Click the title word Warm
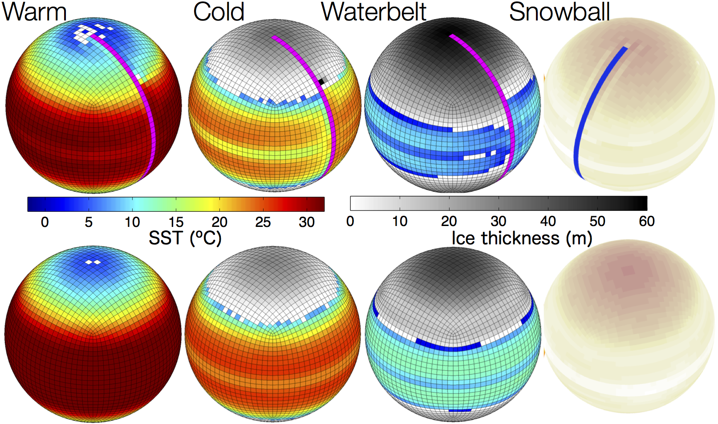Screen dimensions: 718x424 (x=34, y=12)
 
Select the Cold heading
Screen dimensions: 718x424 (x=219, y=12)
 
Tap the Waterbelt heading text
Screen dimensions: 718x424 (x=374, y=12)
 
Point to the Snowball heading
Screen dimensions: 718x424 (x=560, y=12)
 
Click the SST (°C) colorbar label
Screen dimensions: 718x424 (x=185, y=238)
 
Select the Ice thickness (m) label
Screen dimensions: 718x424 (x=522, y=238)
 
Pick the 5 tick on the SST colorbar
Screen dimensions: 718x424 (x=89, y=222)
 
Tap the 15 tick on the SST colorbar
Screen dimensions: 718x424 (x=176, y=222)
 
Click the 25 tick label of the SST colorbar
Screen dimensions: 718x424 (x=263, y=222)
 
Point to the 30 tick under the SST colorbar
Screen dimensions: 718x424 (x=307, y=222)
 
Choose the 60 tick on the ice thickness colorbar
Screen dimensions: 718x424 (x=647, y=221)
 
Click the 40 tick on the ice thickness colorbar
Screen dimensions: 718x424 (x=548, y=221)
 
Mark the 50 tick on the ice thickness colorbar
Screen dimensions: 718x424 (x=597, y=221)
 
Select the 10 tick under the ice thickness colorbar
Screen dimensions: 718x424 (x=400, y=221)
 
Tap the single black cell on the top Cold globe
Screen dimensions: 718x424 (x=321, y=82)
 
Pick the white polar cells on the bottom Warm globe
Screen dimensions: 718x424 (x=93, y=262)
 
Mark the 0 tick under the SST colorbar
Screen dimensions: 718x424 (x=45, y=222)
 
